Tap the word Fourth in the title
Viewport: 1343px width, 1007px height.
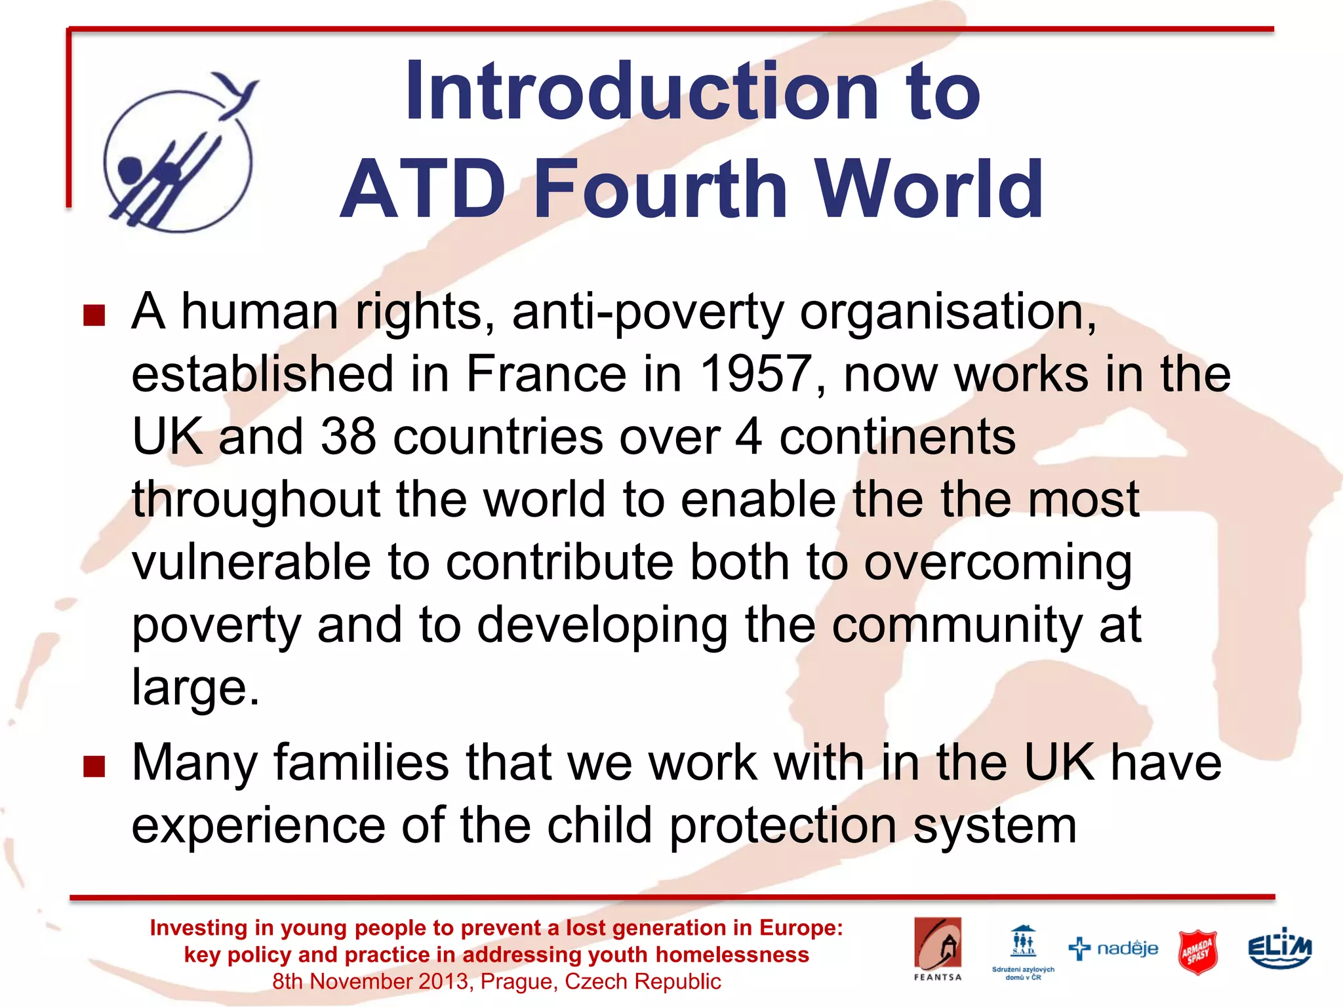[662, 189]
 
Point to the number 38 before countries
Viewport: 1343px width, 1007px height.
[348, 437]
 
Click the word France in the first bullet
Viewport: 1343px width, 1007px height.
[546, 374]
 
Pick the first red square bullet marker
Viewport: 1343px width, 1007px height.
[94, 315]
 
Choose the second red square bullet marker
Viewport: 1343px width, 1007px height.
[94, 766]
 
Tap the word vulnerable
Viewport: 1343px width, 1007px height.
[251, 563]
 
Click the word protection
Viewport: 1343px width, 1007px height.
[782, 825]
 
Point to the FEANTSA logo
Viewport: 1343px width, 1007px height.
[938, 948]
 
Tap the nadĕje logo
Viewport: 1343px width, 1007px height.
[1113, 949]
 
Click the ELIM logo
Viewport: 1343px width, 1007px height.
[1279, 948]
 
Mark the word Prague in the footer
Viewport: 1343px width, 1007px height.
[519, 981]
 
